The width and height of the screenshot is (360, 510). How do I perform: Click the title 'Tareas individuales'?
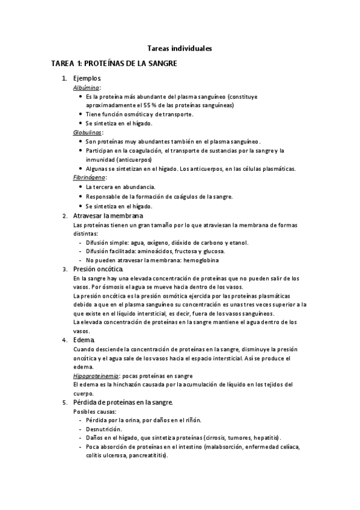[180, 48]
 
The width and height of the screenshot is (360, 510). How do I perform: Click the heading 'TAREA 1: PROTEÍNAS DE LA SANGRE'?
[114, 63]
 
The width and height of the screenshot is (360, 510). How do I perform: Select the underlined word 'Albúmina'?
[86, 87]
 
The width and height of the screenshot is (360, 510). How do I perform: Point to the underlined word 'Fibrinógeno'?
[90, 177]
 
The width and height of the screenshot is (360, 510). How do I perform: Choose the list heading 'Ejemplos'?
[87, 78]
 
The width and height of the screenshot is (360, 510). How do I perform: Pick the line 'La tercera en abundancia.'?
[120, 187]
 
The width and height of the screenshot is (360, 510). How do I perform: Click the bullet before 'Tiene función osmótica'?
[81, 114]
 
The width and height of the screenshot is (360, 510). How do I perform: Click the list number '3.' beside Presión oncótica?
[66, 269]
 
